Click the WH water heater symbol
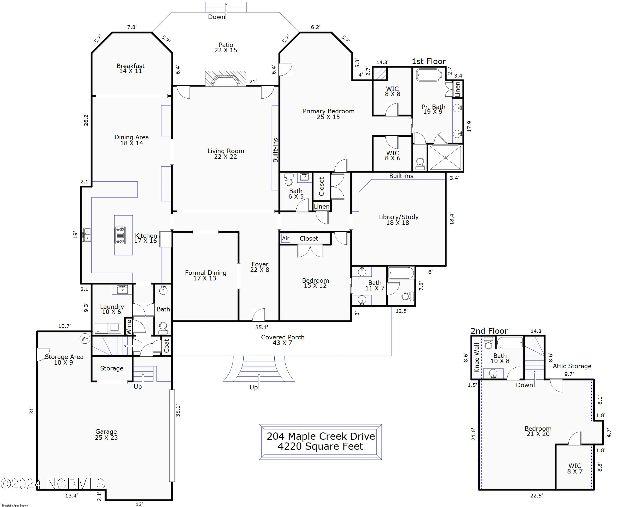[x=85, y=339]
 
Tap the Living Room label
[x=226, y=154]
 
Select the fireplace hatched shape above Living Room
[x=226, y=78]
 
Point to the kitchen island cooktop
[x=120, y=235]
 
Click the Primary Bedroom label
[x=328, y=114]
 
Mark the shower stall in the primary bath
[x=445, y=158]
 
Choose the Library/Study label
[x=398, y=220]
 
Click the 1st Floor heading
[x=429, y=61]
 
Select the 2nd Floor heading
[x=489, y=331]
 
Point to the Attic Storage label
[x=572, y=366]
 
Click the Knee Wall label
[x=476, y=358]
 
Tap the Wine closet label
[x=129, y=327]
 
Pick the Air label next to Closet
[x=286, y=238]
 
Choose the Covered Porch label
[x=282, y=340]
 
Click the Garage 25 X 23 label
[x=106, y=435]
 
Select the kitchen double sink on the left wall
[x=86, y=235]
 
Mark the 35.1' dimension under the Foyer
[x=261, y=327]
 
